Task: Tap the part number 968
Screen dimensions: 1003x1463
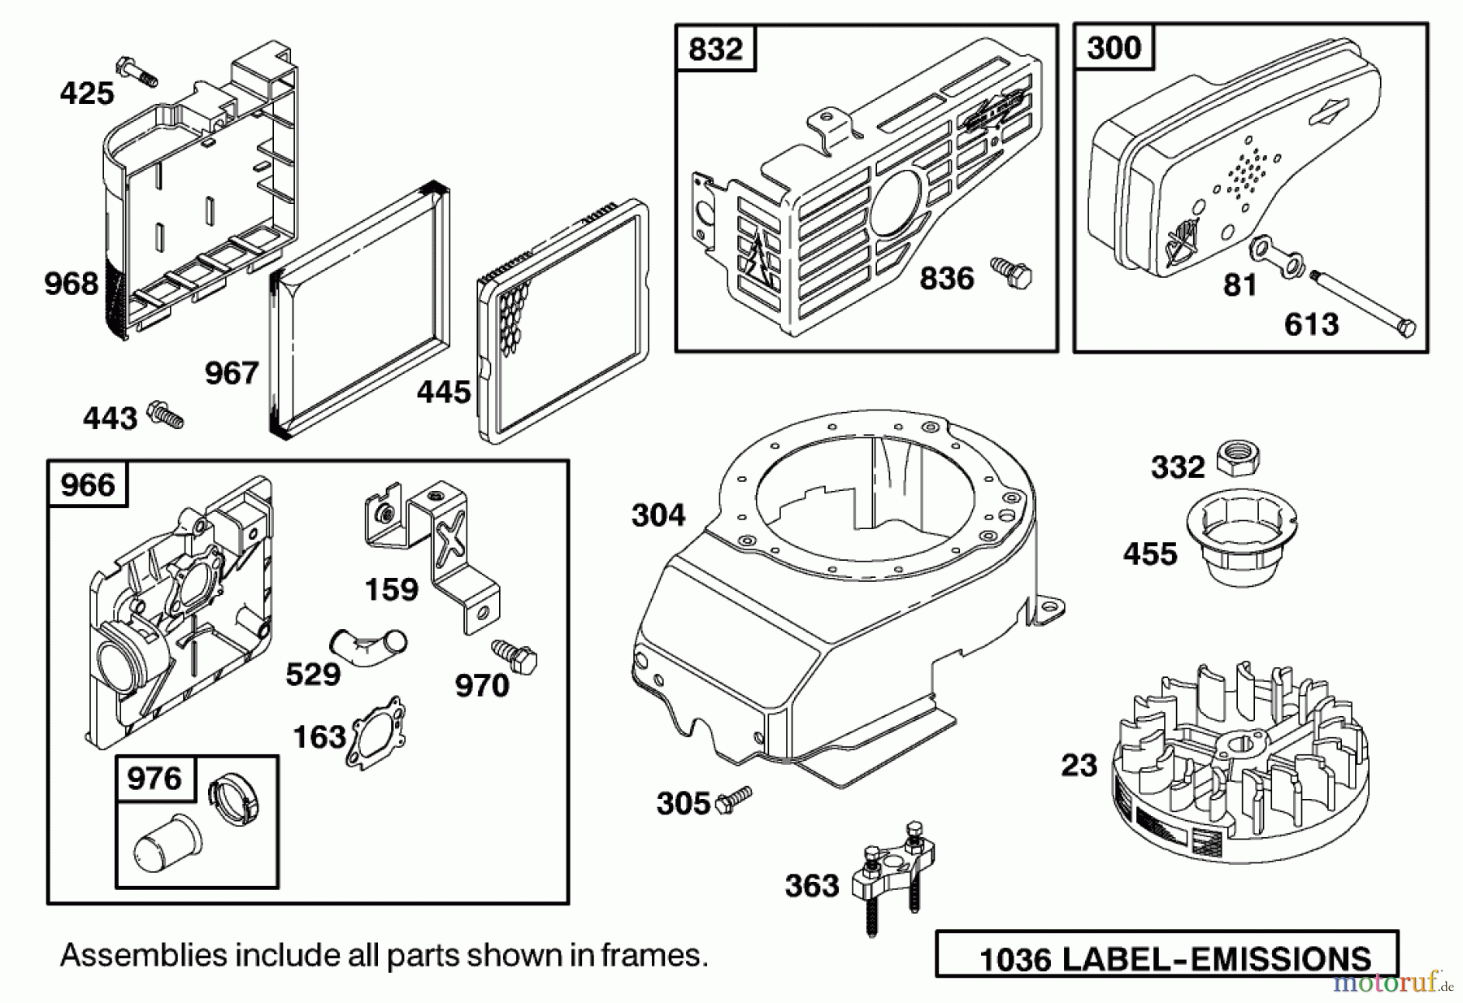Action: pyautogui.click(x=71, y=284)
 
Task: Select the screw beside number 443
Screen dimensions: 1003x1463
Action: pyautogui.click(x=166, y=415)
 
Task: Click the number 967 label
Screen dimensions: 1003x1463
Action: pyautogui.click(x=231, y=373)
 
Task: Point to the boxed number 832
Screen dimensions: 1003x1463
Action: pyautogui.click(x=715, y=49)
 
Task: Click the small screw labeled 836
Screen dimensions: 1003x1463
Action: pyautogui.click(x=1012, y=273)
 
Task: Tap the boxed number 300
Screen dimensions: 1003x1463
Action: pyautogui.click(x=1114, y=48)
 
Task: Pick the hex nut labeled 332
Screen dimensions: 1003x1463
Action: pyautogui.click(x=1238, y=458)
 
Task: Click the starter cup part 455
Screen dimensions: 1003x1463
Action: pyautogui.click(x=1242, y=539)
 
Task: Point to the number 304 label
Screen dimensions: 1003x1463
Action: pyautogui.click(x=658, y=515)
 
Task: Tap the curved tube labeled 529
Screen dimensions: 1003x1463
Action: pyautogui.click(x=367, y=648)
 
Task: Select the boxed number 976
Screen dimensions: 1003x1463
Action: pyautogui.click(x=154, y=779)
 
